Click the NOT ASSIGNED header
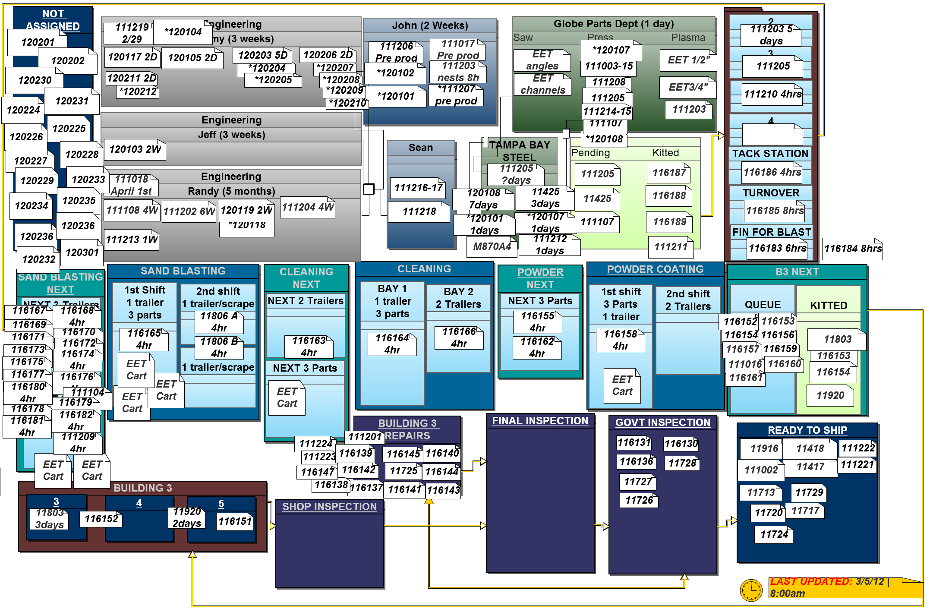53,19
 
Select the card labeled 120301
82,252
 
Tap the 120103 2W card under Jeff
135,149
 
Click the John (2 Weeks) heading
430,25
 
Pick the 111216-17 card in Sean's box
418,188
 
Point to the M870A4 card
492,246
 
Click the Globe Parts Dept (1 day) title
613,24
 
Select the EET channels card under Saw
542,84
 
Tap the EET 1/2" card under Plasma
688,60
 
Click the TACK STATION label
770,154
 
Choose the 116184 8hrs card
852,249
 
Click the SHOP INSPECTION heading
329,507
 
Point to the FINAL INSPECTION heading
540,421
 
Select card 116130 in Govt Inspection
681,444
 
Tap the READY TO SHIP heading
807,430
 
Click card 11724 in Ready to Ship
774,534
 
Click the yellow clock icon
751,590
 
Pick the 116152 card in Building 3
101,519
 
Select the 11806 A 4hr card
219,322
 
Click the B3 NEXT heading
797,272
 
